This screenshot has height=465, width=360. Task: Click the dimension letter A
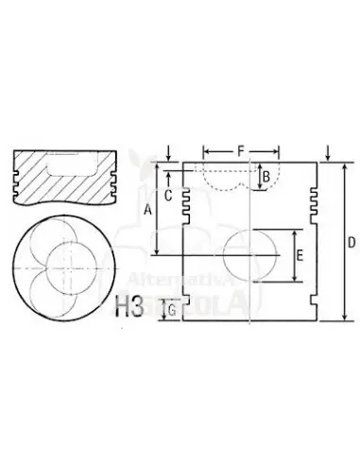[x=147, y=213]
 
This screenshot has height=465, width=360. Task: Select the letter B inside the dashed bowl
[x=266, y=176]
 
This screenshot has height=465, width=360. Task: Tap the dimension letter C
[x=166, y=196]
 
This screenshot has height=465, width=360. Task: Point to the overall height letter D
[x=351, y=242]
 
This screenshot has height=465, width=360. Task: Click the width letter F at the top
[x=241, y=150]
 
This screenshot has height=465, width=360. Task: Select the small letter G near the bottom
[x=170, y=308]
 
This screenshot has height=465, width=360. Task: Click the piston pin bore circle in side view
[x=251, y=256]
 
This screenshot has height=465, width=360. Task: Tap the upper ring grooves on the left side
[x=188, y=198]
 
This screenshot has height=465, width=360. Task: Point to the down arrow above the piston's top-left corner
[x=166, y=149]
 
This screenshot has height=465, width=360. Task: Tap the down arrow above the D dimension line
[x=326, y=149]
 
